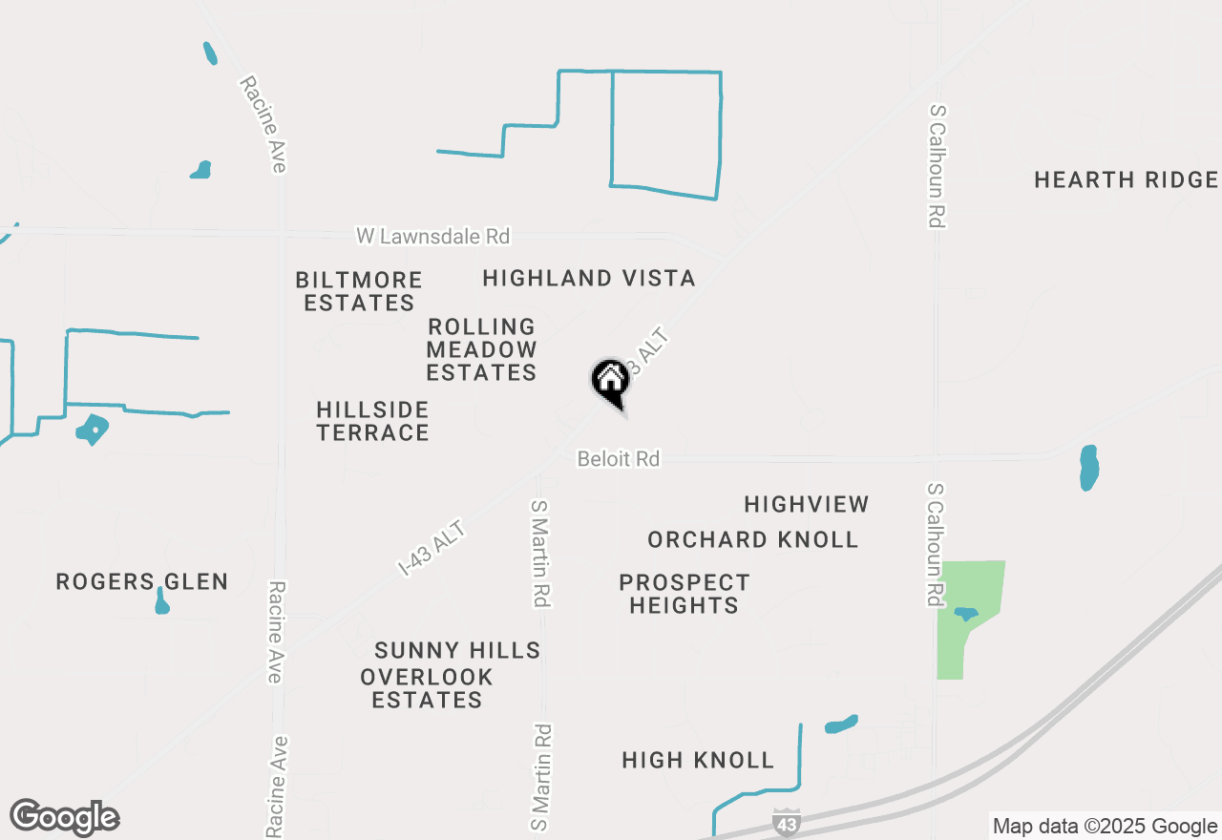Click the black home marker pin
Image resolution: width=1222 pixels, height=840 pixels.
[610, 381]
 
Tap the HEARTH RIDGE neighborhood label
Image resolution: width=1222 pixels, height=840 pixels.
[1126, 180]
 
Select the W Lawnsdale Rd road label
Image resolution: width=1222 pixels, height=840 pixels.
[432, 236]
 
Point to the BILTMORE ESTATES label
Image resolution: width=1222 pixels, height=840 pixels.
[358, 291]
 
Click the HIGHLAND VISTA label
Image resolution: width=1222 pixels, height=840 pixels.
[588, 279]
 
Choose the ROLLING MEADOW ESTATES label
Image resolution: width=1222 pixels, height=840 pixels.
[481, 349]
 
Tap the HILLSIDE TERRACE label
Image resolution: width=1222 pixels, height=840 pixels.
[372, 421]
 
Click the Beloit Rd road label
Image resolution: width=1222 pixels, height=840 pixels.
[618, 459]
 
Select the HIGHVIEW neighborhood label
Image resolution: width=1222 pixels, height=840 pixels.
[806, 504]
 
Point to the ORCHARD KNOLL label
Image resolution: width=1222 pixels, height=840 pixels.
[752, 540]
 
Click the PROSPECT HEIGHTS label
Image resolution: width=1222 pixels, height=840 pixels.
[684, 594]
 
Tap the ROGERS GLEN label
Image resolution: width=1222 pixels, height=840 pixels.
[141, 582]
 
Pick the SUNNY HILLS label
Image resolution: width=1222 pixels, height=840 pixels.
[457, 651]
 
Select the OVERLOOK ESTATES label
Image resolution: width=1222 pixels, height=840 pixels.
[426, 688]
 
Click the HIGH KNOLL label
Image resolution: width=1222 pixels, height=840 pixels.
[697, 761]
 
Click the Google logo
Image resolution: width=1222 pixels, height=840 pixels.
[64, 818]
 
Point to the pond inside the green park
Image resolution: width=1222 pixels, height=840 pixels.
[965, 613]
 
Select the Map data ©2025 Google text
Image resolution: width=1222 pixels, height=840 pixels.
[1105, 827]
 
